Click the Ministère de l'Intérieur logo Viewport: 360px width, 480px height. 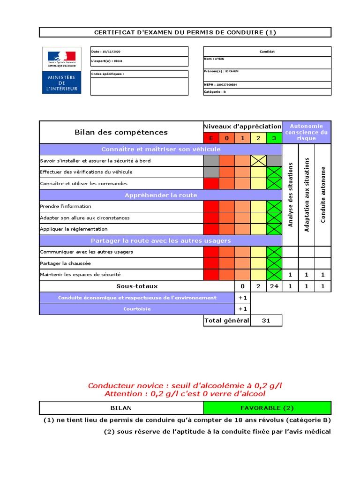tap(61, 70)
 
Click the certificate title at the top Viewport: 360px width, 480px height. tap(185, 32)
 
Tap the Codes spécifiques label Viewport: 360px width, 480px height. tap(107, 74)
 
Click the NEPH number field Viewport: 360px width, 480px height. tap(220, 85)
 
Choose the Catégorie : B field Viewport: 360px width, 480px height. tap(215, 92)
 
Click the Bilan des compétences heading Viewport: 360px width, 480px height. tap(121, 133)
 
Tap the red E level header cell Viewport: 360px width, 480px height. tap(211, 138)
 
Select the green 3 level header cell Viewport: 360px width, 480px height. tap(274, 138)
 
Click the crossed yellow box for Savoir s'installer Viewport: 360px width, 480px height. tap(258, 161)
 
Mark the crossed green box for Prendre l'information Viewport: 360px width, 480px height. tap(274, 206)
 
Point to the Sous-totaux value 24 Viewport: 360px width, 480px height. tap(274, 286)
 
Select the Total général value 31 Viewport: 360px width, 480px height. tap(266, 321)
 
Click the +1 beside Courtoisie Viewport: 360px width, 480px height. tap(242, 309)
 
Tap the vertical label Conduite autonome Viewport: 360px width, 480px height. tap(323, 195)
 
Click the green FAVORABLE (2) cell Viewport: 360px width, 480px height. tap(267, 408)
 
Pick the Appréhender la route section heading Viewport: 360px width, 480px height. tap(161, 195)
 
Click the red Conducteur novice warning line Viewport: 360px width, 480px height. tap(185, 385)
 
